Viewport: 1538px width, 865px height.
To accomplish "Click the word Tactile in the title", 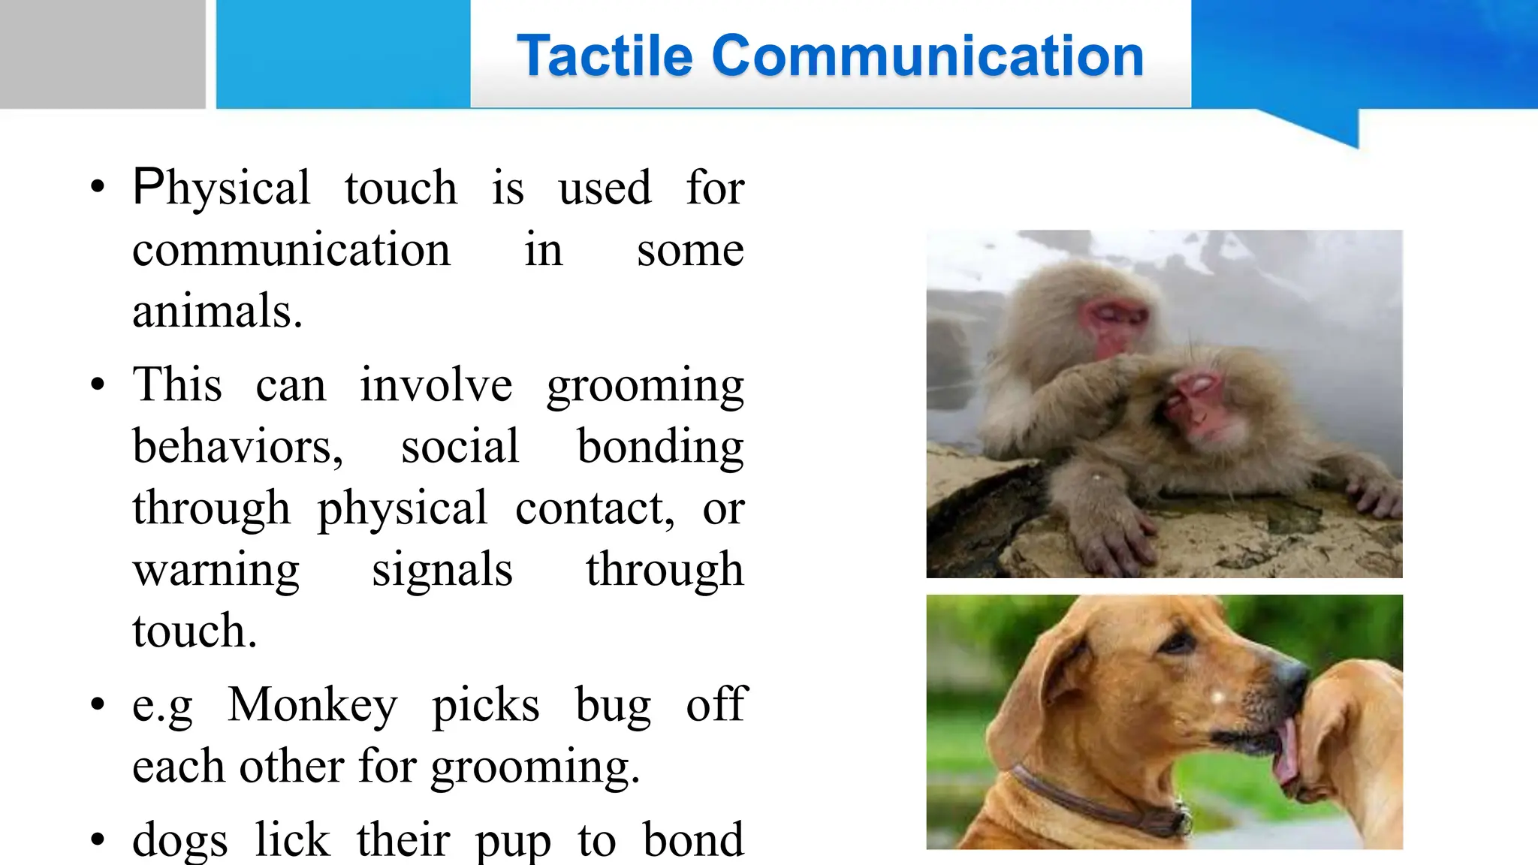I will click(x=605, y=56).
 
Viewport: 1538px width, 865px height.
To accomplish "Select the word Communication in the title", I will click(x=927, y=56).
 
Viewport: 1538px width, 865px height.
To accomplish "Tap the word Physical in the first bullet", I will click(x=221, y=188).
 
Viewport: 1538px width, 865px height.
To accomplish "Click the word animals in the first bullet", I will click(x=217, y=311).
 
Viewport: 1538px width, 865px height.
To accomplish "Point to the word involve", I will click(x=436, y=385).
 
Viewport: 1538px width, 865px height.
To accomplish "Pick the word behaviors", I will click(x=237, y=447).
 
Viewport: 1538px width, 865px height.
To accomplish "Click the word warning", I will click(x=216, y=570).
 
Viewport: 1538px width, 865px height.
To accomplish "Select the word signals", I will click(x=442, y=570).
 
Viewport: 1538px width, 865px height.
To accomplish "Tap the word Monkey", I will click(x=312, y=705).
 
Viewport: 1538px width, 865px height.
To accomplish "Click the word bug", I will click(x=613, y=705).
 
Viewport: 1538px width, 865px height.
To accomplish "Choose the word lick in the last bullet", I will click(x=292, y=839).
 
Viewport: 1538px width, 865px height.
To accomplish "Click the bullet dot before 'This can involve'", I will click(x=98, y=385).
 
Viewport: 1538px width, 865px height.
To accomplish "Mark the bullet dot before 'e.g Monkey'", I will click(x=98, y=705).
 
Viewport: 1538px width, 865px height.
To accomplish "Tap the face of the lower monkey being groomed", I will click(x=1198, y=405).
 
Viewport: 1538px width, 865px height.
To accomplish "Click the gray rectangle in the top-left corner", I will click(x=102, y=53).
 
